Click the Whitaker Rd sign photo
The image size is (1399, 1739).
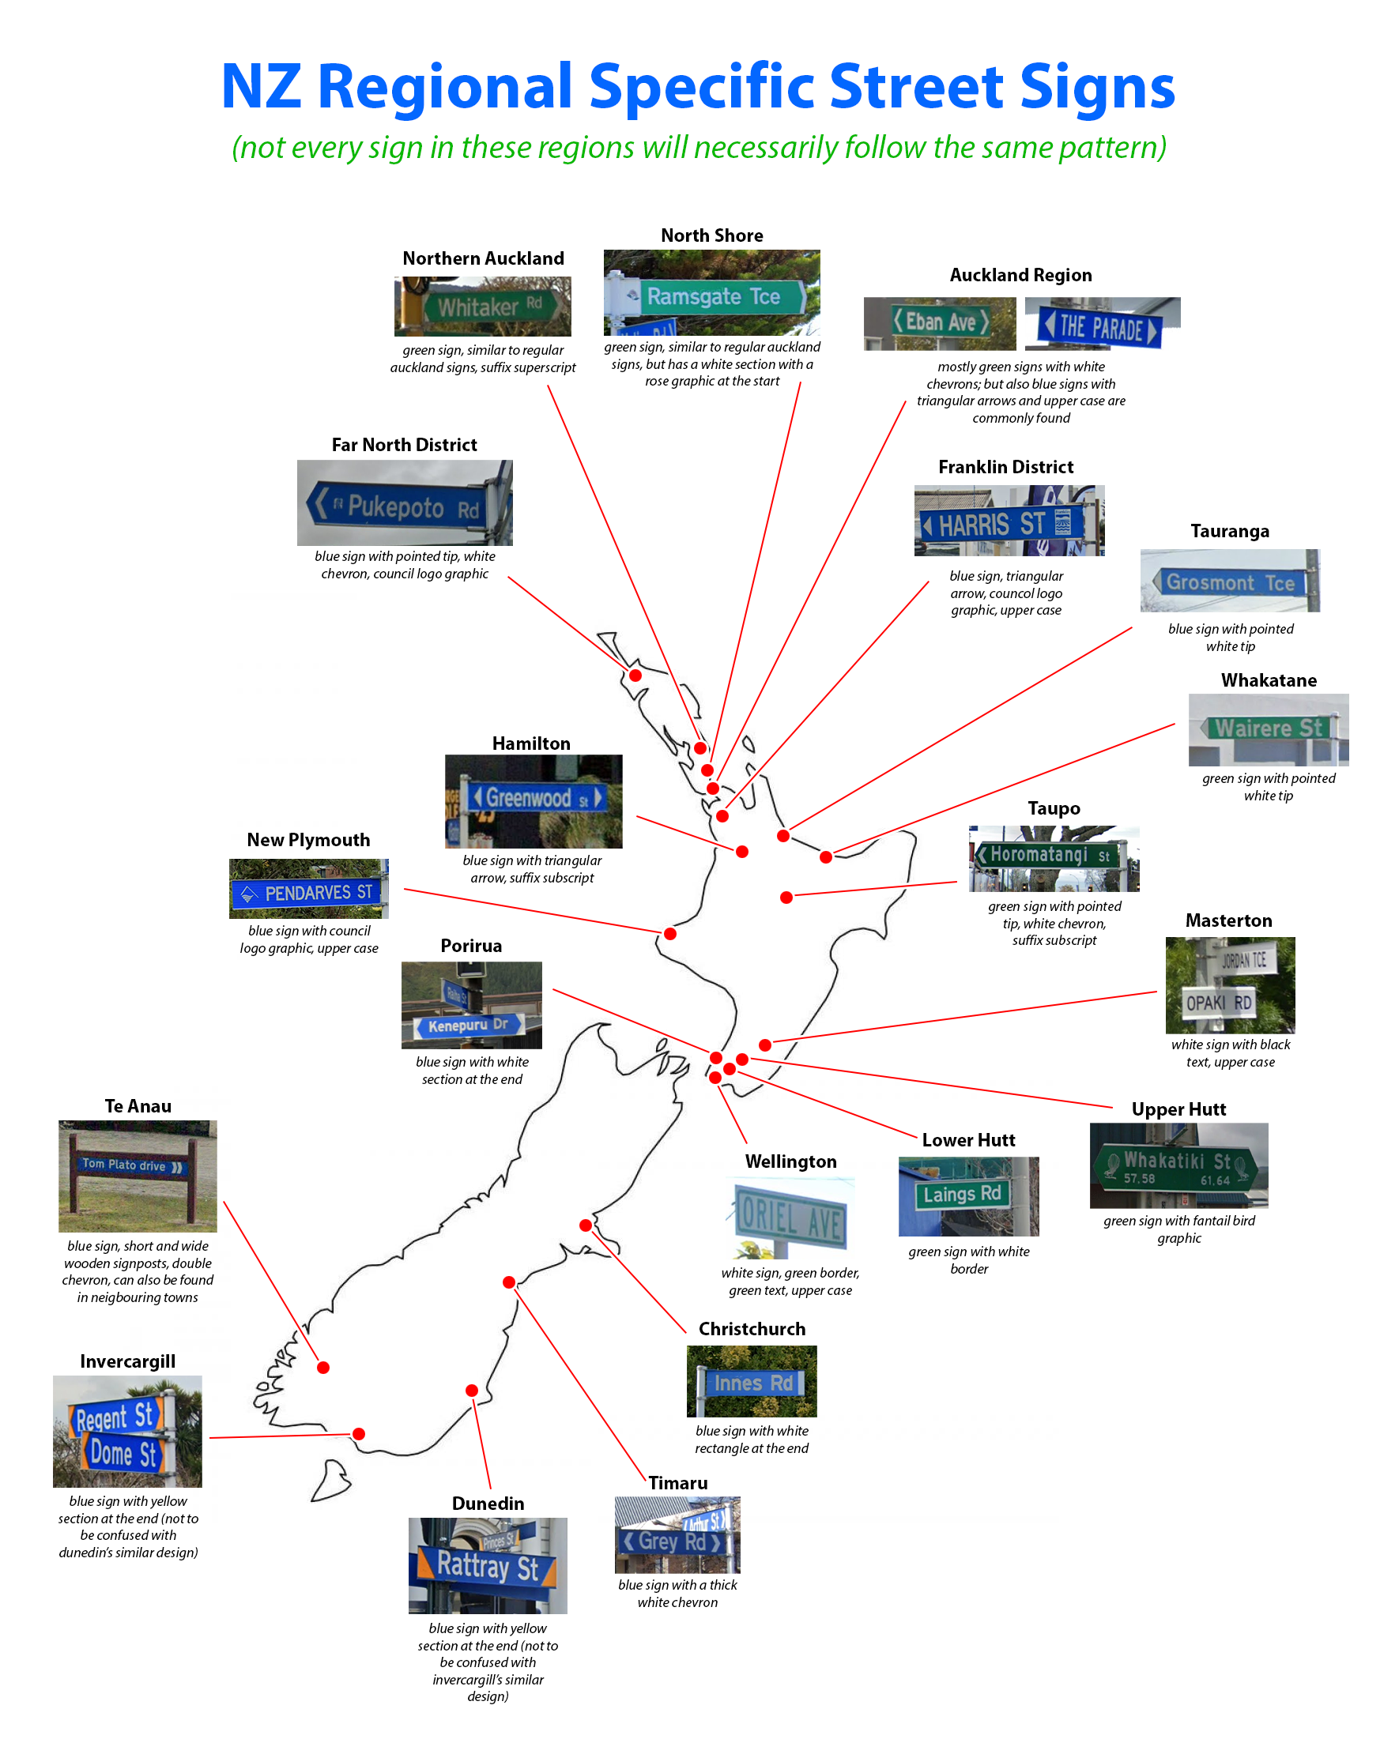482,307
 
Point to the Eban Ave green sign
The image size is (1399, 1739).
940,322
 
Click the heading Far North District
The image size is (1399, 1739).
404,445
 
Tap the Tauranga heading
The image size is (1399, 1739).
1230,531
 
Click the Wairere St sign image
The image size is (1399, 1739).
1268,728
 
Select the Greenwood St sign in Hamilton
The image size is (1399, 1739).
534,799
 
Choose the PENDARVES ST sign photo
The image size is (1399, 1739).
309,892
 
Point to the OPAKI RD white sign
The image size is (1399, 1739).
1219,1003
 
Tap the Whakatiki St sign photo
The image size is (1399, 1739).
1178,1166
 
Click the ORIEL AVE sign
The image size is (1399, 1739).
791,1218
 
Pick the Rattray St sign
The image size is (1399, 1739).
487,1567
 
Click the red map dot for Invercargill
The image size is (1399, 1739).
359,1433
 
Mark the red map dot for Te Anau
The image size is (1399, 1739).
322,1367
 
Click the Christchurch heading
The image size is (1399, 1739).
752,1328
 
